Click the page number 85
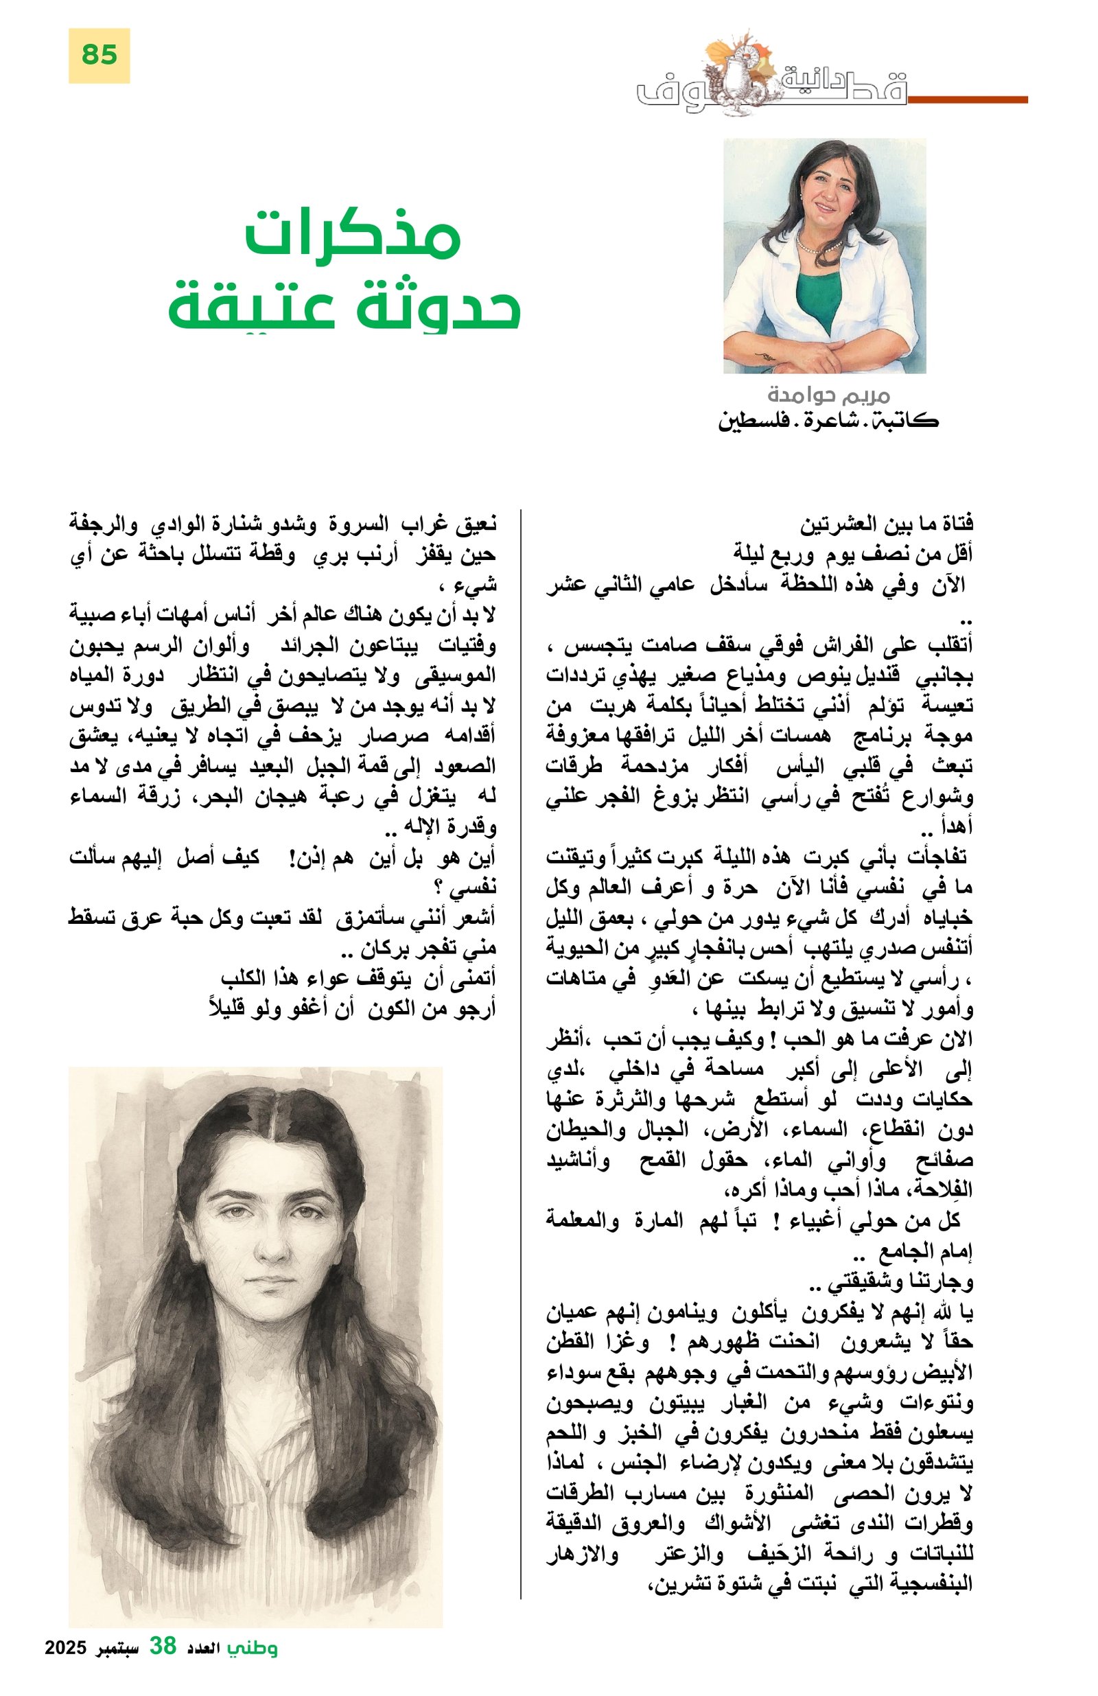click(x=99, y=55)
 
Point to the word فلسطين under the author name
click(x=747, y=422)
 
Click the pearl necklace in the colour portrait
click(x=819, y=246)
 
